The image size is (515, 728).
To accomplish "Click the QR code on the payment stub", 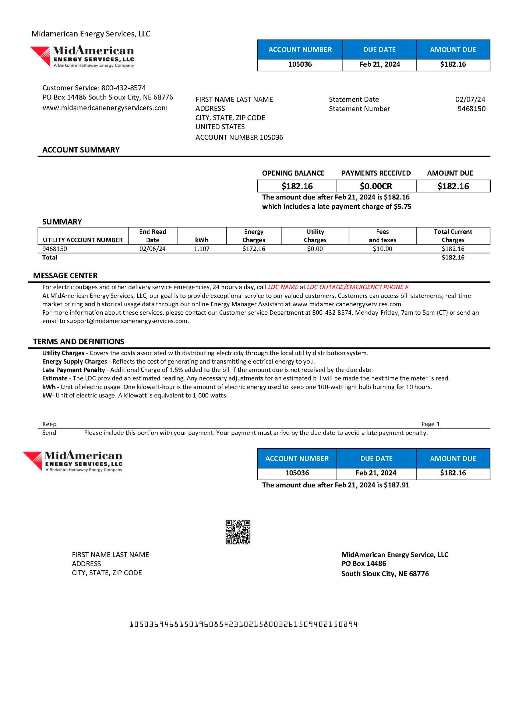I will point(238,532).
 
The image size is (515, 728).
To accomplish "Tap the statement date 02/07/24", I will point(470,99).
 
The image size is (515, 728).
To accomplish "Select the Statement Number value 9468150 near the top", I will point(471,109).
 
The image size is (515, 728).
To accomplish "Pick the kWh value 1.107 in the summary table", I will point(202,249).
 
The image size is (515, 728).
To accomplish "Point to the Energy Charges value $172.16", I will point(254,249).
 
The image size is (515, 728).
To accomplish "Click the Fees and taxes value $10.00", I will point(383,249).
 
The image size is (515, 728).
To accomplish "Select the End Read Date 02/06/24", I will point(152,249).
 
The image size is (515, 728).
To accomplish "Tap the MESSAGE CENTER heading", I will point(65,275).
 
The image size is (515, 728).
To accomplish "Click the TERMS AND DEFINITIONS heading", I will point(79,342).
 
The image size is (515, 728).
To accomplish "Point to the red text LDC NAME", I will point(283,287).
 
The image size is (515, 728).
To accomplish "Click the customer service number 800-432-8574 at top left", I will point(124,88).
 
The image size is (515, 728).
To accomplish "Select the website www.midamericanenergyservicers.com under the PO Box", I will point(105,108).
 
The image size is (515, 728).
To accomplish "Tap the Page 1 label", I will point(430,424).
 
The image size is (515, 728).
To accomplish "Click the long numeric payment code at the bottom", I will point(243,625).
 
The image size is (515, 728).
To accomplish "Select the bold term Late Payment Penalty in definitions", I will point(74,370).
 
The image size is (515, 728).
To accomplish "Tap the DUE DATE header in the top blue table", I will point(379,49).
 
